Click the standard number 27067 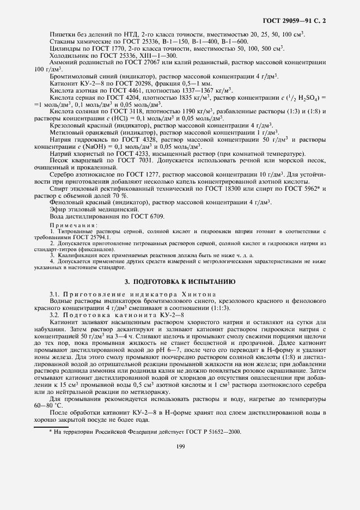(158, 62)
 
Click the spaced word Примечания (74, 225)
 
